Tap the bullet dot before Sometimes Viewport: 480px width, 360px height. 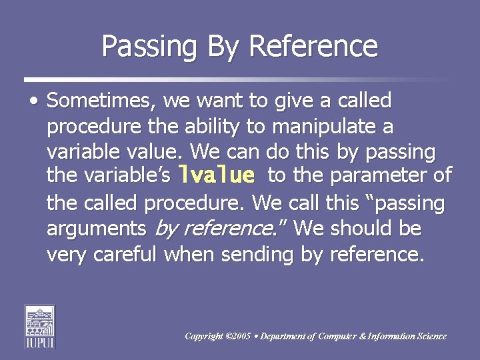click(x=34, y=101)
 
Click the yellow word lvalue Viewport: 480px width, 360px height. click(x=217, y=176)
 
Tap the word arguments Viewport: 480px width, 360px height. click(x=97, y=229)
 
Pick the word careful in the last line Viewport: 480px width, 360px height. click(x=125, y=254)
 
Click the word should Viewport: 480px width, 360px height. click(x=359, y=229)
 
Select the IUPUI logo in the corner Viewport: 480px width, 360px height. click(x=40, y=326)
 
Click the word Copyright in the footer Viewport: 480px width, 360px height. click(x=204, y=336)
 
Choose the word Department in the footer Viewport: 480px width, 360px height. click(x=283, y=336)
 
